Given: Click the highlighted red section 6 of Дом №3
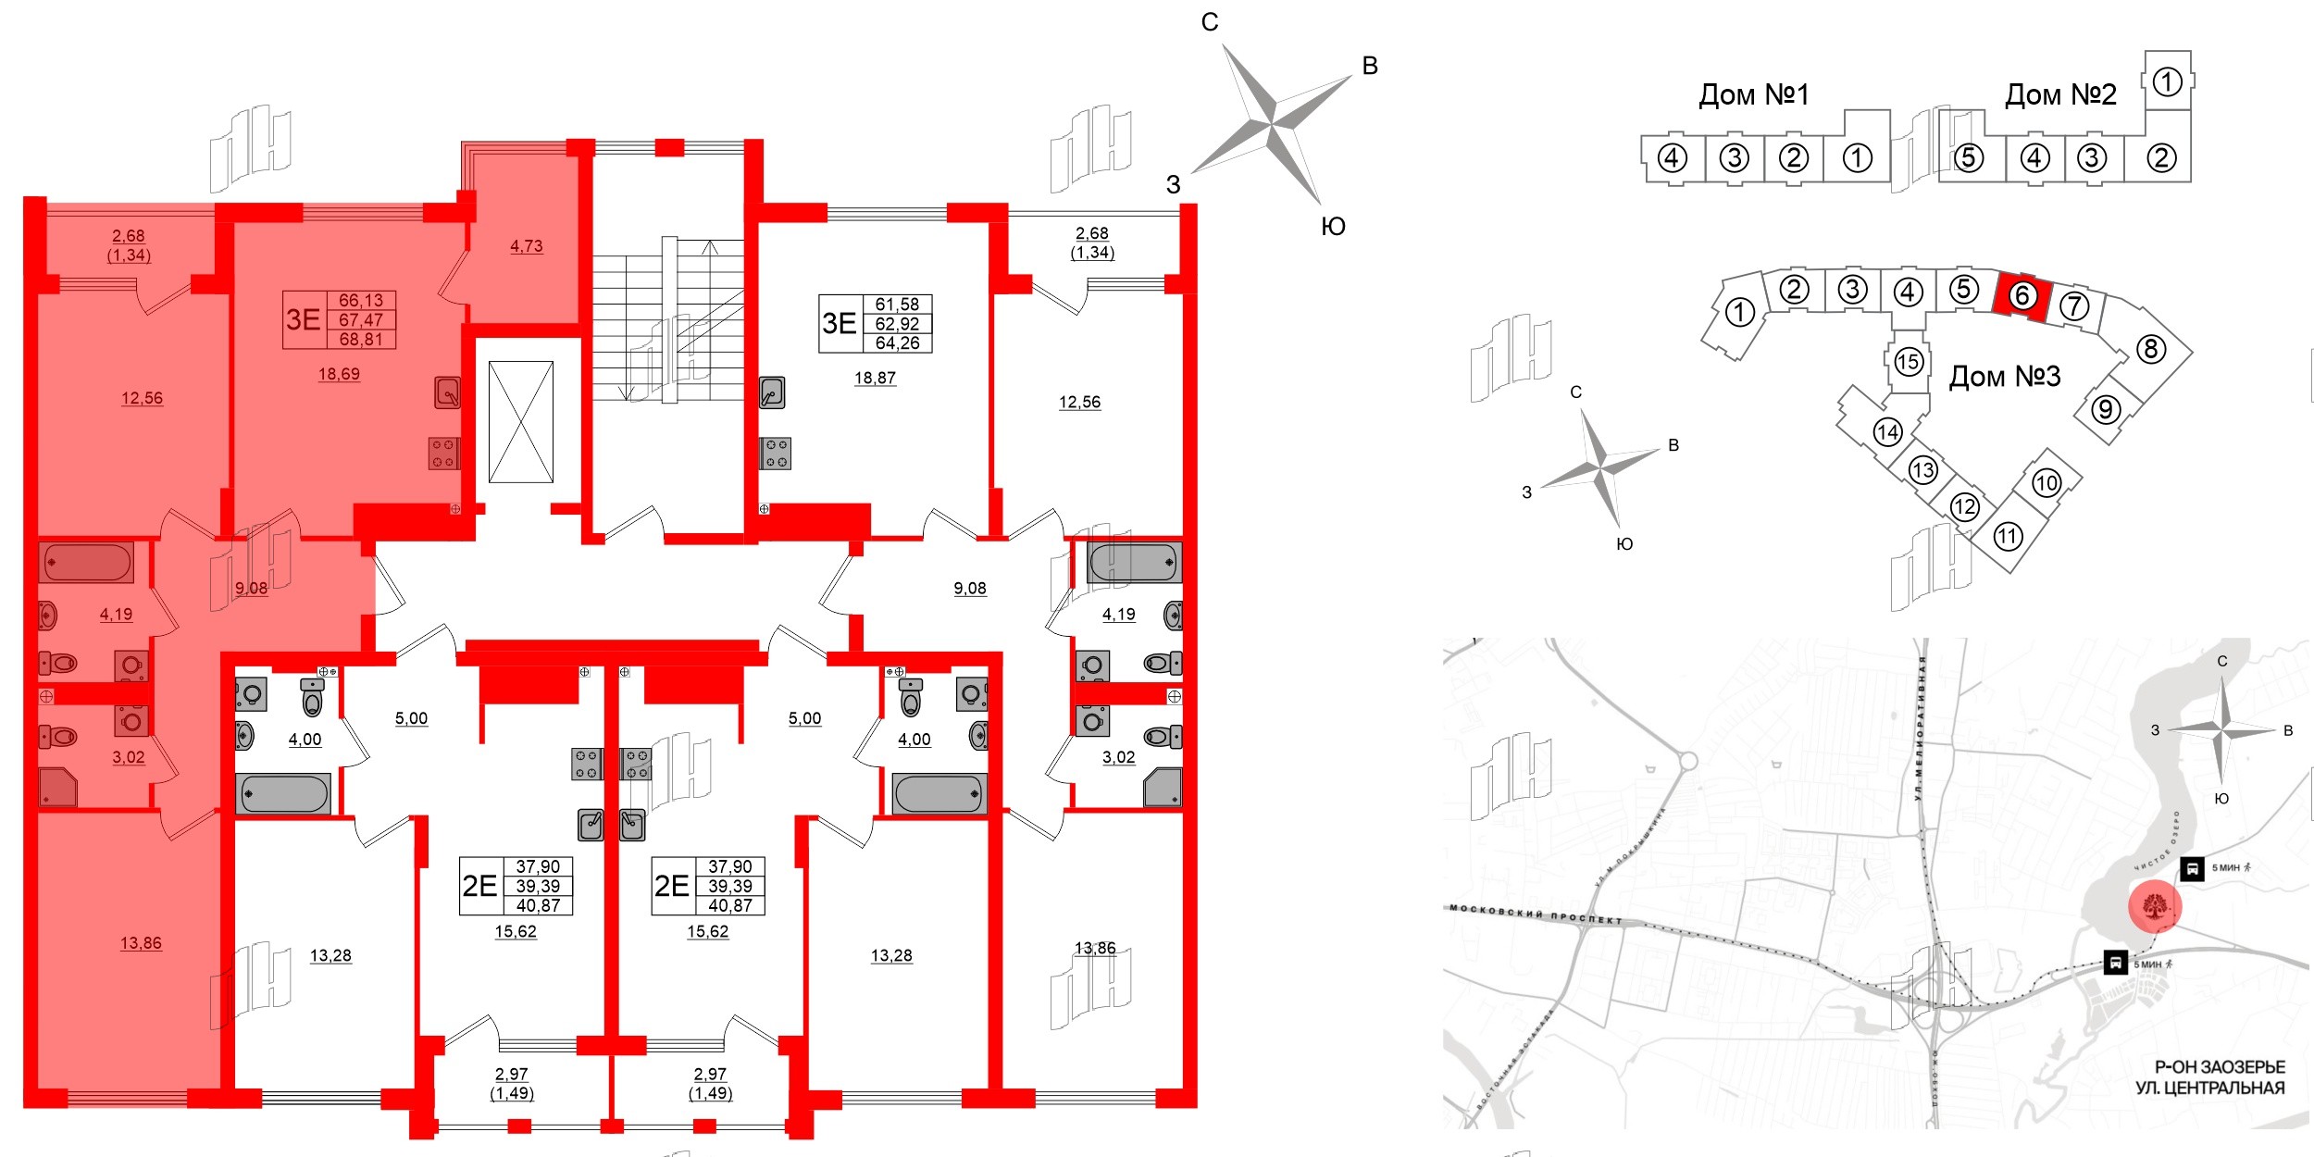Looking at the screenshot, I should coord(2022,296).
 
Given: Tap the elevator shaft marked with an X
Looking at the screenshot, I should coord(520,422).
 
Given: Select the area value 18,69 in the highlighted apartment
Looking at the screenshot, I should coord(339,374).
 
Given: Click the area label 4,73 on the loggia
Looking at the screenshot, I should coord(526,246).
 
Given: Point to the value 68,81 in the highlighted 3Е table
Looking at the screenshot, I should coord(361,340).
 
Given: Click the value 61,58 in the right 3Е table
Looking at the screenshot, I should coord(897,305).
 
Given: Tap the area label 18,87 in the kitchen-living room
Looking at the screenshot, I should coord(875,378).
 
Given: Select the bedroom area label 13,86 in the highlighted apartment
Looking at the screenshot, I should coord(141,943).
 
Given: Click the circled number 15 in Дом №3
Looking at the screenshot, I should coord(1908,361).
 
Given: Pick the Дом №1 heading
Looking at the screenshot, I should coord(1753,94).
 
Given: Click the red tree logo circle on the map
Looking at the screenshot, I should coord(2155,906).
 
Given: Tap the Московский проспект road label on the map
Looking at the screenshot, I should coord(1536,914).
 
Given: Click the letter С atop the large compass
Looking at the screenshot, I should coord(1210,22).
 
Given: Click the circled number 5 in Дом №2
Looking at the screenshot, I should coord(1969,158).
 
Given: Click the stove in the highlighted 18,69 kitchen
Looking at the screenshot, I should coord(444,454).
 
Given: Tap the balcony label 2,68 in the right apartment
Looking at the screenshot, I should coord(1092,233).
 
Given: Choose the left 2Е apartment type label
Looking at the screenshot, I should coord(479,886).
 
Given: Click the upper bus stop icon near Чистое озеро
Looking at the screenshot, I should coord(2191,868).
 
